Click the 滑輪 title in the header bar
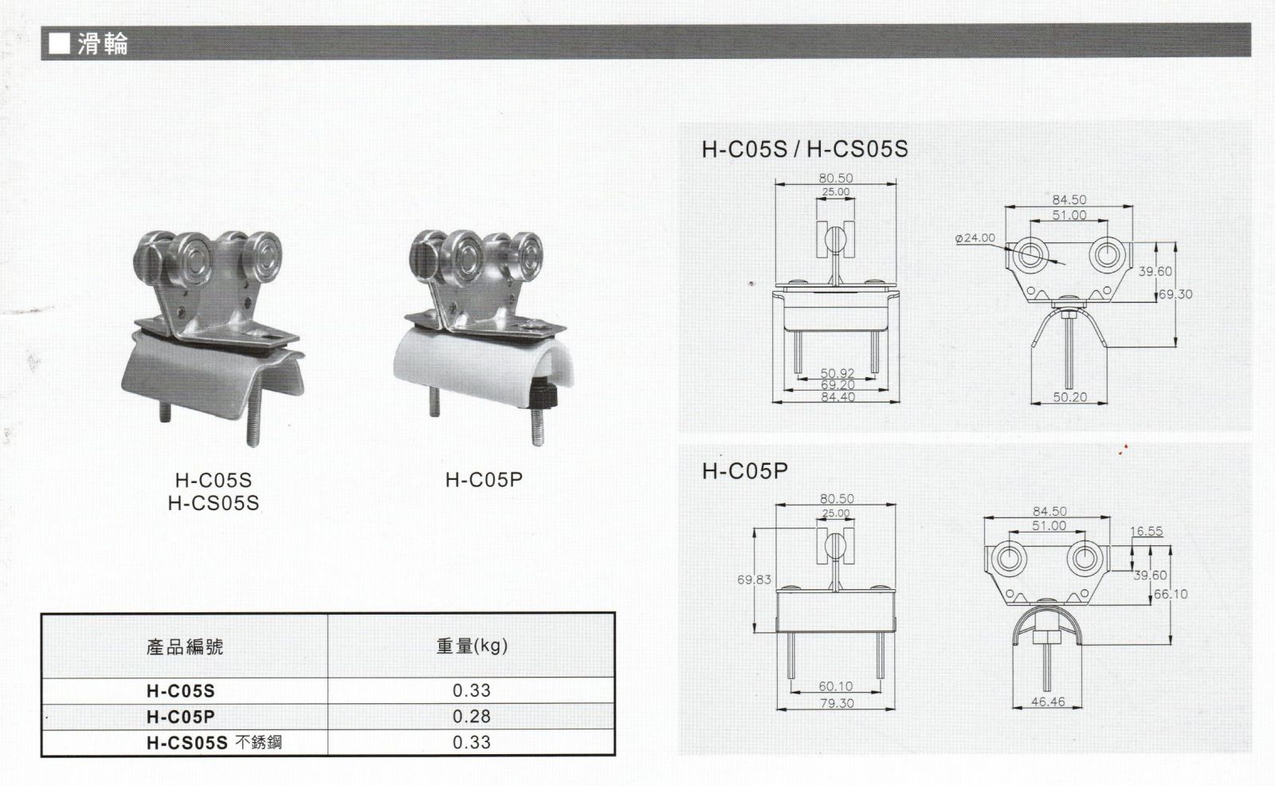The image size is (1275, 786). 103,44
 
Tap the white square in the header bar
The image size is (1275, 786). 59,44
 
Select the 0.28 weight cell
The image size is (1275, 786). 471,717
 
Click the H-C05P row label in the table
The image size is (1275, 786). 180,717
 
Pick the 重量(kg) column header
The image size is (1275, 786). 472,646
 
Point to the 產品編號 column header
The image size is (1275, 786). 184,647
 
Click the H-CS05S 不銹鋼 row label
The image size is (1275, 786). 214,743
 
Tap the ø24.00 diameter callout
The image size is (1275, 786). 975,238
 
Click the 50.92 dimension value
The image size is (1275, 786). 838,373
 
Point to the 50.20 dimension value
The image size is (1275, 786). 1069,397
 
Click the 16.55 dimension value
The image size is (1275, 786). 1147,531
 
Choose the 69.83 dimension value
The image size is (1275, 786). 754,580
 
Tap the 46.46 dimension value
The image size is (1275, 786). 1048,702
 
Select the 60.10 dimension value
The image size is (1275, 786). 836,686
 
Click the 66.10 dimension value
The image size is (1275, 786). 1171,594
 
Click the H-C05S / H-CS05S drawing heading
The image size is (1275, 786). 805,149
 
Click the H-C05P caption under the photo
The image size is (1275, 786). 484,480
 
